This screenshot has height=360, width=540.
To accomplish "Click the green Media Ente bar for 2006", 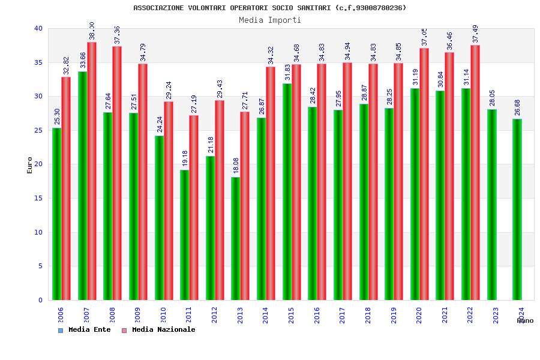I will [56, 214].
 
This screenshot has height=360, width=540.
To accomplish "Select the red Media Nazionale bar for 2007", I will [92, 171].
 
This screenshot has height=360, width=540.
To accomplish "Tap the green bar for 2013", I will [235, 238].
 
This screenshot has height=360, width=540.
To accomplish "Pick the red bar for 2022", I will [475, 172].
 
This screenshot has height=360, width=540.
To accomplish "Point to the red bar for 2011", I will [194, 207].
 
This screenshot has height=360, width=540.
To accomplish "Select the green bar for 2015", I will [287, 191].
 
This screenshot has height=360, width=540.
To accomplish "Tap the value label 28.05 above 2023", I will [492, 99].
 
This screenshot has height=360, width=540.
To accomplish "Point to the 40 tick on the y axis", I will [38, 28].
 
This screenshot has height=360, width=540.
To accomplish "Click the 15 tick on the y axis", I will [38, 198].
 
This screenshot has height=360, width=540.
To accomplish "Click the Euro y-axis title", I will [30, 165].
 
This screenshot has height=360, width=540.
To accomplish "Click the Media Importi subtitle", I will [270, 20].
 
